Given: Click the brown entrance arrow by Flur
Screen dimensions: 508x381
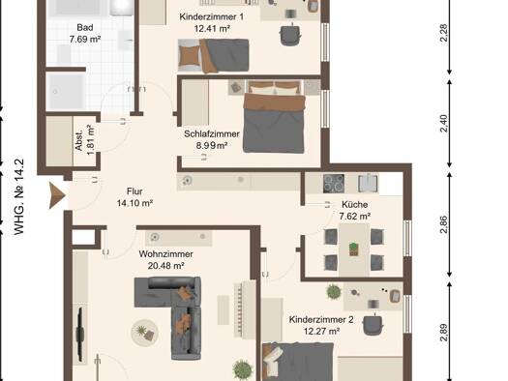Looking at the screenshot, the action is coord(57,195).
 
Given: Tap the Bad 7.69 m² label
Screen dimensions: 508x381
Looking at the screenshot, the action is coord(85,33).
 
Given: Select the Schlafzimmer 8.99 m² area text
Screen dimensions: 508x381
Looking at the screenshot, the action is coord(212,139).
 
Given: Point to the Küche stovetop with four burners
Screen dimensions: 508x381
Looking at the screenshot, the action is coord(334,184).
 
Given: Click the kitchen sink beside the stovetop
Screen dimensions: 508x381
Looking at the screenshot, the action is coord(368,183).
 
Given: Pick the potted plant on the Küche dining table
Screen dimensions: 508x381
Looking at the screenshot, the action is coord(354,249).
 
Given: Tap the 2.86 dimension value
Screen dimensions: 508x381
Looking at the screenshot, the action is coord(444,224).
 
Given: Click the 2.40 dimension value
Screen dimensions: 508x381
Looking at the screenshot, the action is coord(444,123).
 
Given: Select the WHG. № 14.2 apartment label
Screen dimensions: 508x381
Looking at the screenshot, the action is coord(19,196).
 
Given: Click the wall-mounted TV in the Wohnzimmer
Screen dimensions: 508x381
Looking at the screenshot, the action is coord(80,335).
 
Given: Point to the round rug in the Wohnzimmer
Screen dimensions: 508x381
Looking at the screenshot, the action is coord(144,333).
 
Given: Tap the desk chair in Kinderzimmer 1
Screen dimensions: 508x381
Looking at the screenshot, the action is coord(290,34).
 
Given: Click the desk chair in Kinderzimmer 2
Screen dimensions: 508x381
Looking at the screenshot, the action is coord(374,325).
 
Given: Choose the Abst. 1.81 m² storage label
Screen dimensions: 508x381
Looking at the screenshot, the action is coord(85,140).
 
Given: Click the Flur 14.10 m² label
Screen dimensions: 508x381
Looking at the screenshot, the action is coord(134,197).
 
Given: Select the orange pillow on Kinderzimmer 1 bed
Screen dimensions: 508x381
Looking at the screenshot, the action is coord(190,56).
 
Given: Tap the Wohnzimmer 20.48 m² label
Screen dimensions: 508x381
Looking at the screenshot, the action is coord(165,259).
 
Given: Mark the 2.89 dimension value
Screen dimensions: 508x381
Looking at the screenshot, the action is coord(444,332).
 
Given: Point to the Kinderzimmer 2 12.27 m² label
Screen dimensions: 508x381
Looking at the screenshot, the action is coord(321,325).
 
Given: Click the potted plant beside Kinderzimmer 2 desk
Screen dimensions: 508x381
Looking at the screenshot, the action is coord(334,292).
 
